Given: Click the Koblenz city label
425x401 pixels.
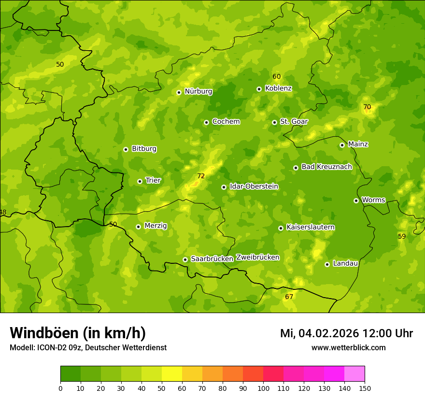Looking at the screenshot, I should pyautogui.click(x=278, y=88).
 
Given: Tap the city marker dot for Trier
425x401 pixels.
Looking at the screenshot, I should pyautogui.click(x=140, y=181).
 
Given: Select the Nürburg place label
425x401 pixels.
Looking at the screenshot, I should pyautogui.click(x=198, y=91).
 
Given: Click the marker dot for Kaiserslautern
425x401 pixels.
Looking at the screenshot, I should pyautogui.click(x=281, y=228).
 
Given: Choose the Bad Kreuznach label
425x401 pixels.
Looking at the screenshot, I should pyautogui.click(x=326, y=167).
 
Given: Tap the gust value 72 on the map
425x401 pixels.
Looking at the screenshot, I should pyautogui.click(x=201, y=176).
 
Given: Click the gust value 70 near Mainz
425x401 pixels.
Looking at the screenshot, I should pyautogui.click(x=367, y=107).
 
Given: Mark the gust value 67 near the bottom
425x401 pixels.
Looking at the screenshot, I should pyautogui.click(x=289, y=297).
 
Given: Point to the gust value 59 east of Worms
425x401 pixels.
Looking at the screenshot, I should pyautogui.click(x=402, y=236).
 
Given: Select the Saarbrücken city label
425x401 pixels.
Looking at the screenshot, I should pyautogui.click(x=212, y=259).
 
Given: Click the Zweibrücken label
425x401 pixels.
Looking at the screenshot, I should pyautogui.click(x=257, y=258).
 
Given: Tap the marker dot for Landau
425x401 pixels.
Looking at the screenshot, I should pyautogui.click(x=327, y=264).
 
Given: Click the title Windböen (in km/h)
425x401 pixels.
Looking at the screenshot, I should pyautogui.click(x=78, y=333).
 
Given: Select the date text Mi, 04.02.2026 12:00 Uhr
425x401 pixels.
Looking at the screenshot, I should pyautogui.click(x=346, y=333).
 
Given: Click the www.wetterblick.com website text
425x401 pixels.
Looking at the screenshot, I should pyautogui.click(x=348, y=348).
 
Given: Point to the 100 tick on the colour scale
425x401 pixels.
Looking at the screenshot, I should pyautogui.click(x=263, y=388).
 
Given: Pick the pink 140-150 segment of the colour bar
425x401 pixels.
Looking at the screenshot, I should pyautogui.click(x=354, y=374).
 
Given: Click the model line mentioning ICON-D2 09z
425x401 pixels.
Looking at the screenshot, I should pyautogui.click(x=88, y=348).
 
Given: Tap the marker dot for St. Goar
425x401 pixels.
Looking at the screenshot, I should pyautogui.click(x=274, y=122).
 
